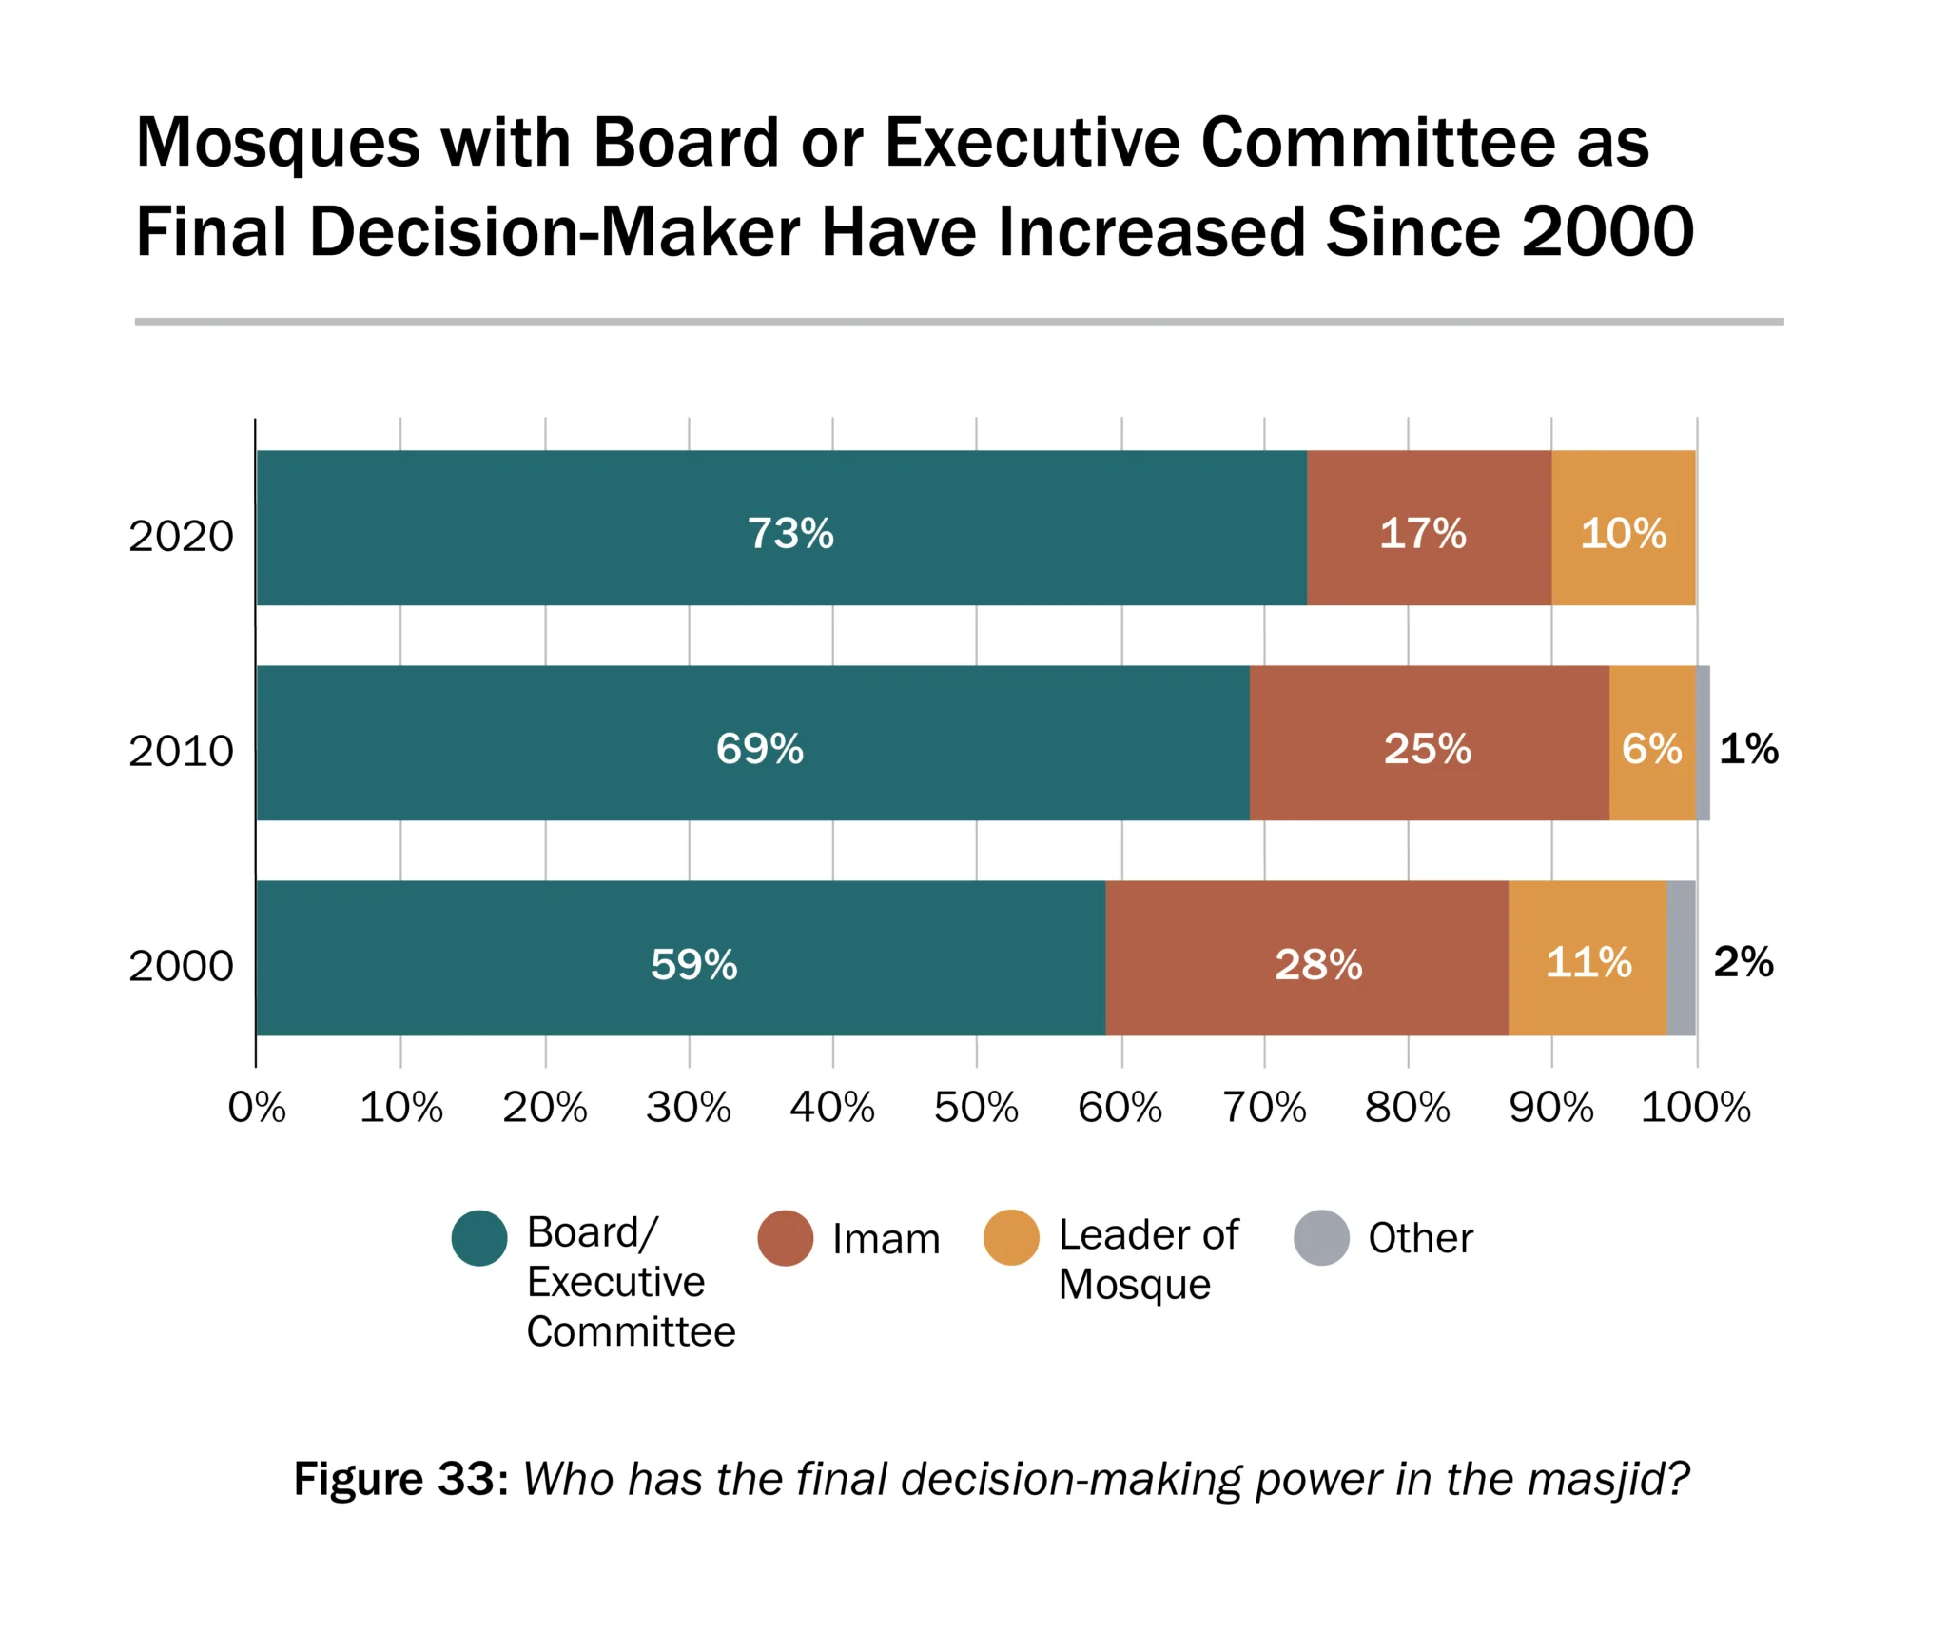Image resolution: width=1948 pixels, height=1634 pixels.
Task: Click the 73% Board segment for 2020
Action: click(x=780, y=528)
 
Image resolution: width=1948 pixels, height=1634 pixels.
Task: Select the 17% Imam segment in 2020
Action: click(x=1428, y=528)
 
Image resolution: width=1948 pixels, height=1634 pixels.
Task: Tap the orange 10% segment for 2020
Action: click(x=1623, y=528)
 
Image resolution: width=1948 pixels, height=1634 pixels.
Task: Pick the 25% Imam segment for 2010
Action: click(x=1428, y=743)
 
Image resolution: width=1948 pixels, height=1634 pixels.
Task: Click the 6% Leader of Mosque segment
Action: click(x=1651, y=743)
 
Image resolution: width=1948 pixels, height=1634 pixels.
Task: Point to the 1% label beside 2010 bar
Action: click(x=1748, y=749)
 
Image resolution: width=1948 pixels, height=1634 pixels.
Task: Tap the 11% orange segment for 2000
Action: click(x=1587, y=958)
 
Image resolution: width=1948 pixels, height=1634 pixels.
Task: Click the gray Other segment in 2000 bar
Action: click(x=1681, y=958)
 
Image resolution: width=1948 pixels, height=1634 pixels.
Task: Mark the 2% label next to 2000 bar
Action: click(x=1743, y=962)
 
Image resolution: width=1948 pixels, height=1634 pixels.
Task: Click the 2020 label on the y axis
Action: click(x=181, y=537)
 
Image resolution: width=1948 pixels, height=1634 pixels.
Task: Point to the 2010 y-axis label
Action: click(x=181, y=752)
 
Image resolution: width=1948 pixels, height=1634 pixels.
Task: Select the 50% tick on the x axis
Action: click(x=976, y=1108)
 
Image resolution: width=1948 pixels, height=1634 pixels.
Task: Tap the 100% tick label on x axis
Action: click(x=1695, y=1108)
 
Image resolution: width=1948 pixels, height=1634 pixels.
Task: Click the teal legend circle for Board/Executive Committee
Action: click(x=479, y=1238)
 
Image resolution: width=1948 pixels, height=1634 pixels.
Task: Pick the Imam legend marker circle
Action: click(x=785, y=1238)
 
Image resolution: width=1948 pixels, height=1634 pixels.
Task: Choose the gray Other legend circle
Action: click(x=1321, y=1238)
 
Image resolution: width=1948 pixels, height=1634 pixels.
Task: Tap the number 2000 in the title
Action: click(x=1607, y=232)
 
